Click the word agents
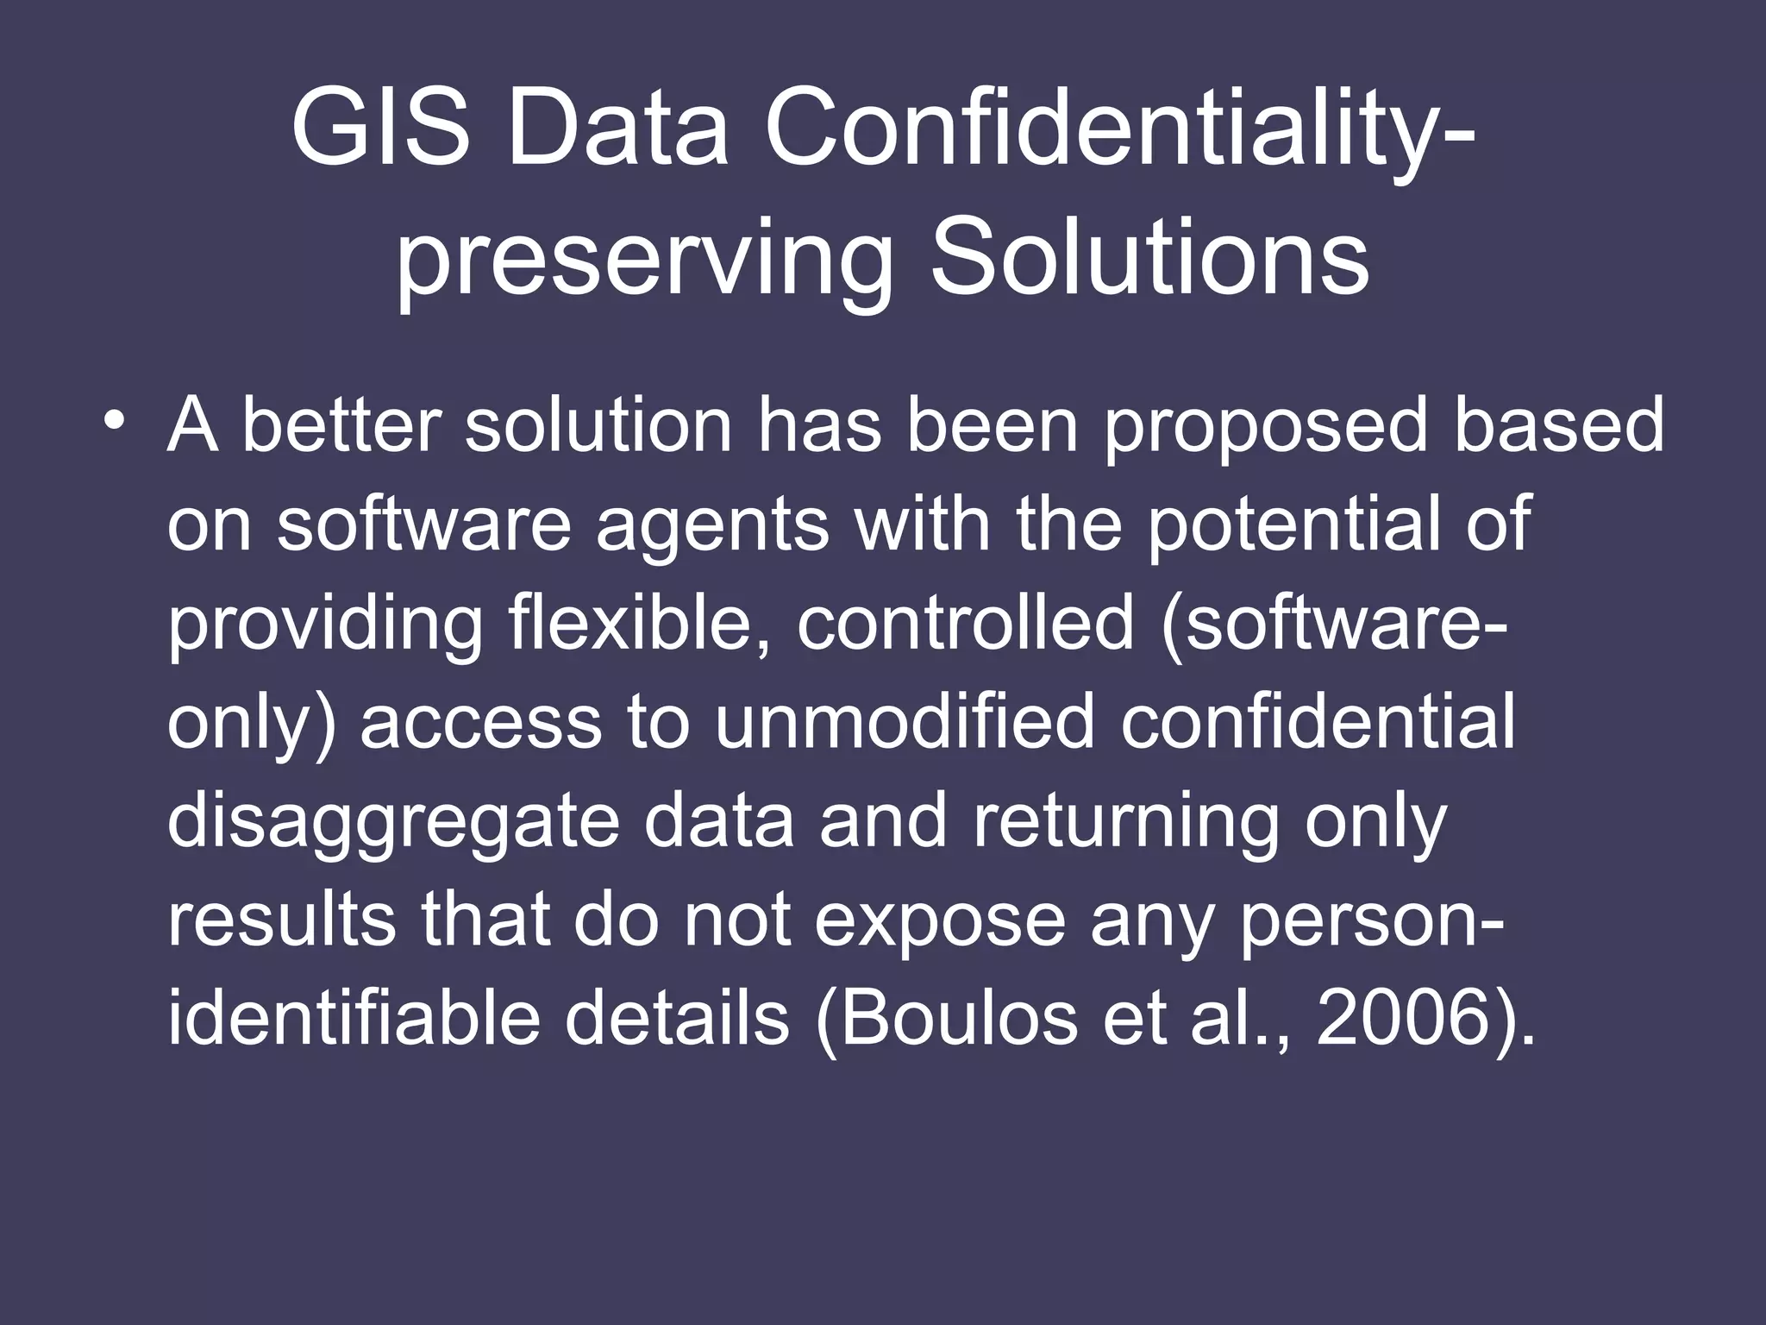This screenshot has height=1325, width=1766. click(712, 526)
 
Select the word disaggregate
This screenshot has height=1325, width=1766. click(392, 823)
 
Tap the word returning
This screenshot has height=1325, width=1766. click(1126, 823)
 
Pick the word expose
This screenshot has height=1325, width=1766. click(940, 923)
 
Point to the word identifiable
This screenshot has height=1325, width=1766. click(354, 1018)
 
